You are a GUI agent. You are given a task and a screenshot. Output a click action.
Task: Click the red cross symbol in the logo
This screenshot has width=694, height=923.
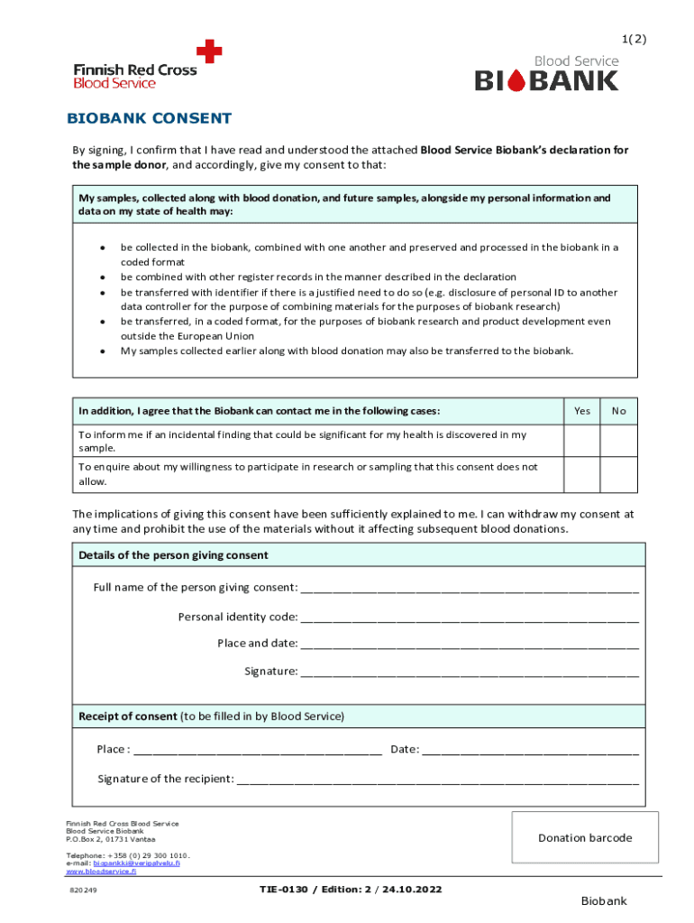coord(209,51)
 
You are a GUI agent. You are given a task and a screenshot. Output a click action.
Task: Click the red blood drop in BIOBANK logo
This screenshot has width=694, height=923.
coord(516,82)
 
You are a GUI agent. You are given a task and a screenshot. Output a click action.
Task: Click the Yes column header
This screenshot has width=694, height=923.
coord(582,411)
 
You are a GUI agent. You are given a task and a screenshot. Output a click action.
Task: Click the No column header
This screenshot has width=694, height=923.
coord(618,411)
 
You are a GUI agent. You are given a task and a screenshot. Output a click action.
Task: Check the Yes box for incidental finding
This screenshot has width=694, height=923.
coord(582,441)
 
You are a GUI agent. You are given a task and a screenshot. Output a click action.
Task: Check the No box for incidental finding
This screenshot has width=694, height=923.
coord(618,441)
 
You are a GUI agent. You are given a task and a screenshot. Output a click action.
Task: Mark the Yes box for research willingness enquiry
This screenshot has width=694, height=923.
coord(582,473)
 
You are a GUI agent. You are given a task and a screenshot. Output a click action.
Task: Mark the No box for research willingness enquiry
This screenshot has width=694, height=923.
coord(618,473)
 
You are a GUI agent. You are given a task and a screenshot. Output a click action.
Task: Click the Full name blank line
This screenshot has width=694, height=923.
coord(470,589)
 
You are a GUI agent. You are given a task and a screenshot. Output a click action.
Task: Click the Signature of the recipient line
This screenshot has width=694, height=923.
coord(437,781)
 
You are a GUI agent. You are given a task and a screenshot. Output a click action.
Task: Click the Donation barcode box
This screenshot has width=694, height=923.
coord(585,837)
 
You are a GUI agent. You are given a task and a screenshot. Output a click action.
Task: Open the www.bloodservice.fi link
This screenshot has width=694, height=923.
coord(103,872)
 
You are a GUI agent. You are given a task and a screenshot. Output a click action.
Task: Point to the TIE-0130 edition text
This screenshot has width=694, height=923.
coord(351,890)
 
